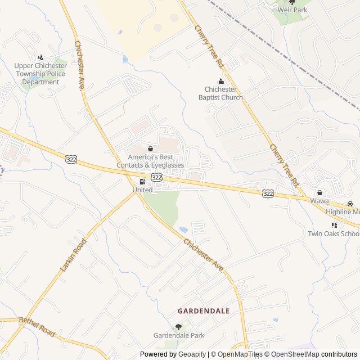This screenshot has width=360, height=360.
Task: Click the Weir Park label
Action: [x=292, y=10]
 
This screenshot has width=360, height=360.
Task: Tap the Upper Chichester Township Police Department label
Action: [x=40, y=74]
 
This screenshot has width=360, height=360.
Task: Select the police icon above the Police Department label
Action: [x=40, y=57]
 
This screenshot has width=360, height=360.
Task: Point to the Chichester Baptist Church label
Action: [x=220, y=93]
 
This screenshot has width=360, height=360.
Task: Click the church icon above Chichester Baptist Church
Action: [x=220, y=82]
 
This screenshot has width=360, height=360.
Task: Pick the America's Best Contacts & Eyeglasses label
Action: [x=150, y=161]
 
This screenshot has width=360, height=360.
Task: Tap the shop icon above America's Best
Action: [x=150, y=148]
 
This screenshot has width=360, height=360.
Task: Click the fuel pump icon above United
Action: [x=142, y=181]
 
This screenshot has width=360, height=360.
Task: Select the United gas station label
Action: [x=142, y=190]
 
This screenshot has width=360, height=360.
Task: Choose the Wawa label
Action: [x=319, y=201]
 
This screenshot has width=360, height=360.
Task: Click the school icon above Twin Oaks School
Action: [x=334, y=225]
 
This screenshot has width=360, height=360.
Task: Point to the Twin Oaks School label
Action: [x=333, y=234]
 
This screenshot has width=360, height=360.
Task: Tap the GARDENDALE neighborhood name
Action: [x=204, y=310]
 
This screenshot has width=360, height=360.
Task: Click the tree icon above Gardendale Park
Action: [x=179, y=326]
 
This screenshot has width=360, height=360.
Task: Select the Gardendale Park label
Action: [x=179, y=336]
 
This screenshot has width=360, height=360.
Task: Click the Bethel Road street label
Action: [x=37, y=327]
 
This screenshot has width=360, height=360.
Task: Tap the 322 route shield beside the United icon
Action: [x=157, y=177]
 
